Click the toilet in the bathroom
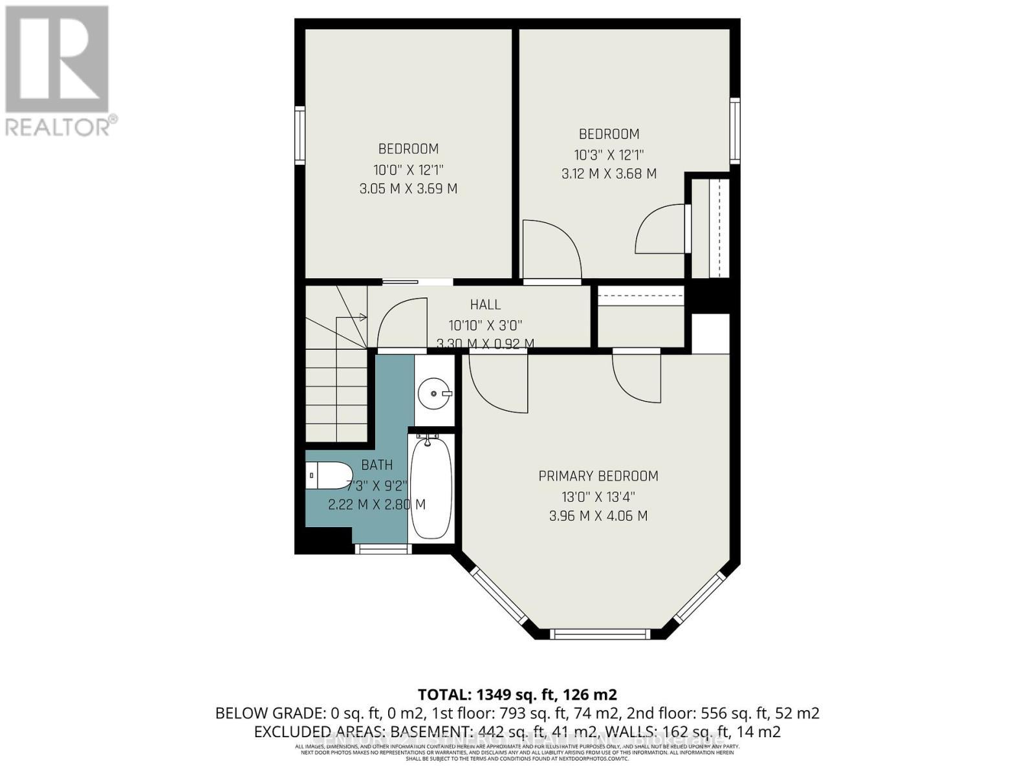pos(329,476)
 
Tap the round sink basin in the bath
pos(433,393)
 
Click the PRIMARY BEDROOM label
pos(598,476)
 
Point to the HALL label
pos(485,305)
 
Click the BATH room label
pos(376,465)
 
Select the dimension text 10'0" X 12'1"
pos(408,169)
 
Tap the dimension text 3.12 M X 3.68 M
pos(609,173)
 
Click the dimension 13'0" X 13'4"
pos(598,497)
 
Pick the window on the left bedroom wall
pos(300,136)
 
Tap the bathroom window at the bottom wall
pos(383,549)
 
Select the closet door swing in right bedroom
pos(660,230)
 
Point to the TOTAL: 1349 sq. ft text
pos(517,695)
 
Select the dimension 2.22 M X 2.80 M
pos(376,504)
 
